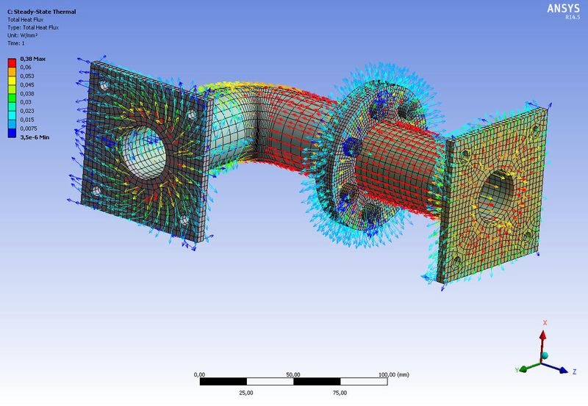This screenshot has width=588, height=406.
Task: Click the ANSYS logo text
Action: tap(562, 8)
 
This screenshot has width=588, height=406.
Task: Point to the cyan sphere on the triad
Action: tap(545, 356)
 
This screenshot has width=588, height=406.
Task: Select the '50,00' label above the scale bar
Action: tap(293, 374)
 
